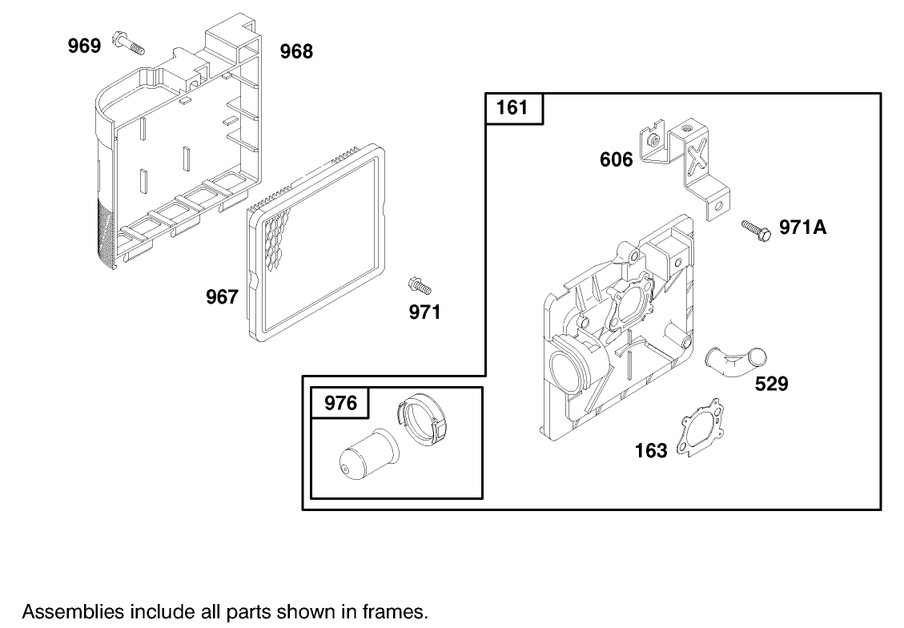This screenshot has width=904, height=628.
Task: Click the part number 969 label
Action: point(84,46)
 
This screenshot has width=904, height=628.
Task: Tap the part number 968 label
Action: point(296,52)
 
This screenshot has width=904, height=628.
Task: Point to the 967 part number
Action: point(222,297)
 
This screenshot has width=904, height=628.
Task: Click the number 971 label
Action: point(425,312)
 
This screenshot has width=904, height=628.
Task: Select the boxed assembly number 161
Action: point(513,107)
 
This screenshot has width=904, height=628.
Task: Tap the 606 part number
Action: point(617,160)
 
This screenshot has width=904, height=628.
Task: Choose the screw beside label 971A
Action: point(756,228)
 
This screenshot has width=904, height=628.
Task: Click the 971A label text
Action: point(802,227)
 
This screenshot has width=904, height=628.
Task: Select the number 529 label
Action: point(772,384)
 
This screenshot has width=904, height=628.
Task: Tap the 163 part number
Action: point(651,451)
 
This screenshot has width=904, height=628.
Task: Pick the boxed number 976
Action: point(340,403)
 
